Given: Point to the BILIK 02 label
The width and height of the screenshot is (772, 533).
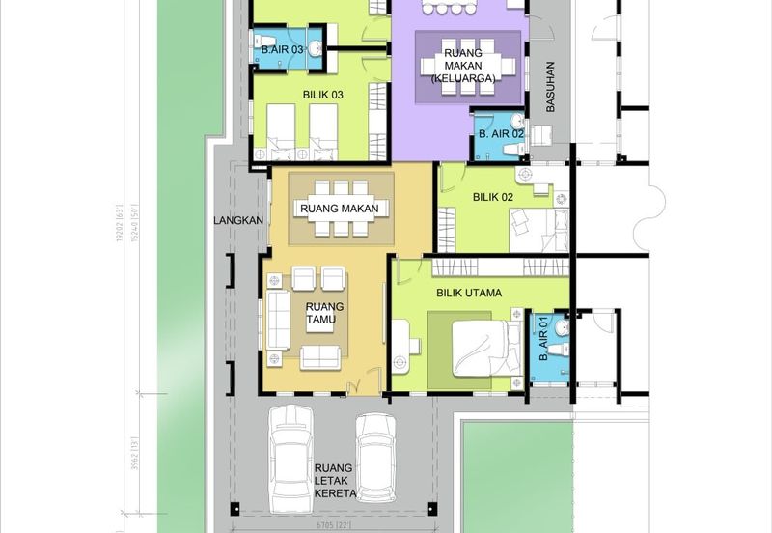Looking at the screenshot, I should click(x=492, y=197).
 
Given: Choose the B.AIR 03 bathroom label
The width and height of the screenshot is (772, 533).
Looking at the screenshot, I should click(x=283, y=48).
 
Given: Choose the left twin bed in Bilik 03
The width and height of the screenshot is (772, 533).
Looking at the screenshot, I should click(x=279, y=129).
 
